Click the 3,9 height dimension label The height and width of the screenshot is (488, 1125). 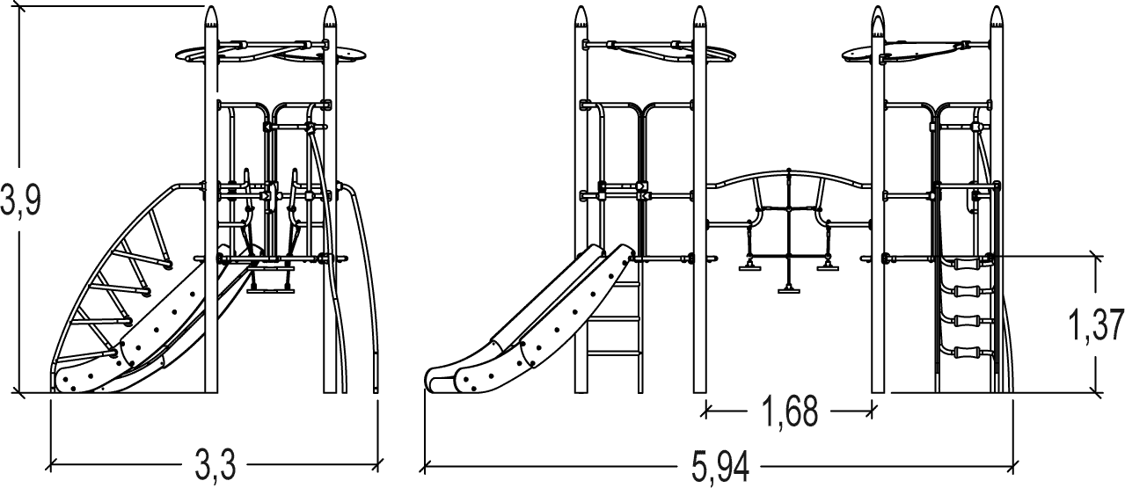click(20, 199)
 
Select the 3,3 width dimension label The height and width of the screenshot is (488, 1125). click(215, 465)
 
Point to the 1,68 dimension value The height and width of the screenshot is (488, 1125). click(790, 412)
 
